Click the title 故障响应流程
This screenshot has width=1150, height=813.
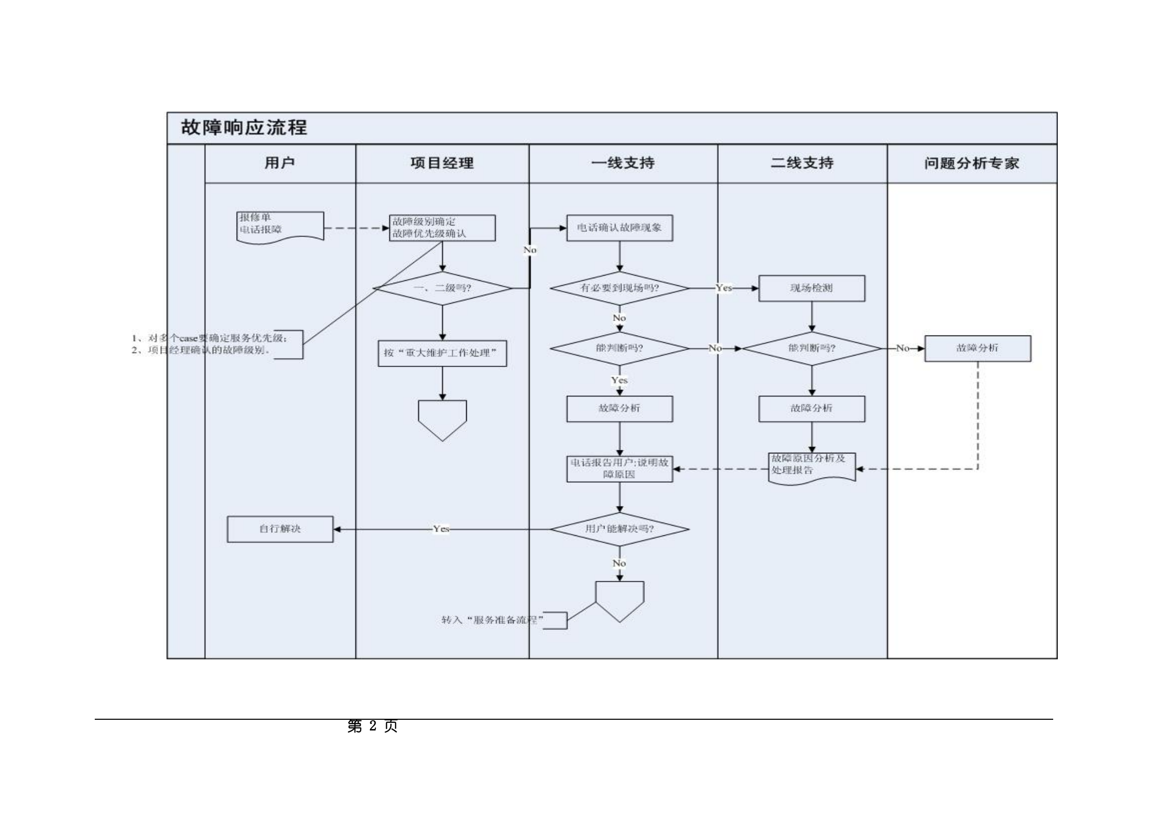(x=244, y=128)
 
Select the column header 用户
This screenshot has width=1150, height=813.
(x=280, y=163)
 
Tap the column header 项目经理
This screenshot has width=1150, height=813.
(x=442, y=163)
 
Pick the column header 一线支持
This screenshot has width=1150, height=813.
(x=623, y=163)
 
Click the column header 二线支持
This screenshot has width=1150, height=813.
(x=802, y=163)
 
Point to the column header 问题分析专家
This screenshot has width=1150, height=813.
(x=972, y=163)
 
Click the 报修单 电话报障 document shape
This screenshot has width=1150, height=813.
(x=280, y=226)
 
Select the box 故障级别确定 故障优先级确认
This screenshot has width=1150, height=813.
(x=442, y=227)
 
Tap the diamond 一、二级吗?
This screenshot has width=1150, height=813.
(x=442, y=288)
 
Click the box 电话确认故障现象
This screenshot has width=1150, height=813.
(x=619, y=227)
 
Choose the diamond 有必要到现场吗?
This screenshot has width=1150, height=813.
(x=619, y=288)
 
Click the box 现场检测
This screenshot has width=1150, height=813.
(x=811, y=288)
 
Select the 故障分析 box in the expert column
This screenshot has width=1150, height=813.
(x=977, y=348)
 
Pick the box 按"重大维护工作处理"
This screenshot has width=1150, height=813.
(x=442, y=353)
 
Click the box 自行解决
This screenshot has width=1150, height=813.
(x=280, y=529)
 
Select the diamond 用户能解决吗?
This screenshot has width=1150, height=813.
(x=619, y=529)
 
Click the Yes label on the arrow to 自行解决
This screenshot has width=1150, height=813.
(x=441, y=529)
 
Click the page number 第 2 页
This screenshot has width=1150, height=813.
(x=372, y=726)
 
